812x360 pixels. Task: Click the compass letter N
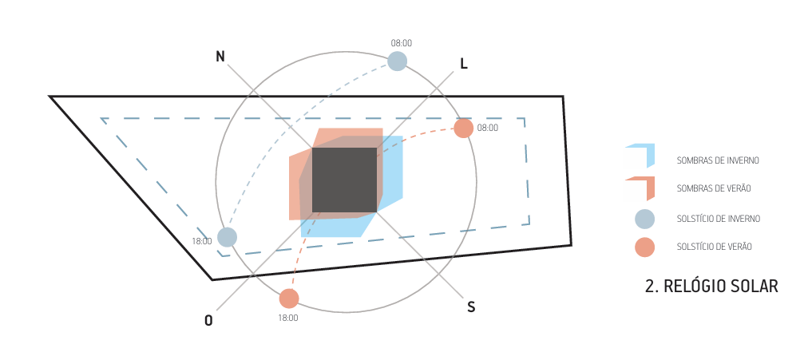tap(220, 56)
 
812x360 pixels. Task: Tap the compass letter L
tap(463, 64)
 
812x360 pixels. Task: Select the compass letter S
tap(471, 307)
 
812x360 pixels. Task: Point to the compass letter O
tap(208, 321)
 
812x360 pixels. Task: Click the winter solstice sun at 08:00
tap(397, 61)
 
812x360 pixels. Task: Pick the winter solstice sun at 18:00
tap(228, 237)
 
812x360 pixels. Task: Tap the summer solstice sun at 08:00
tap(463, 128)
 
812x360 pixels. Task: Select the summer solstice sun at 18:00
tap(289, 299)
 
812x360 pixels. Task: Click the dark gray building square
tap(344, 180)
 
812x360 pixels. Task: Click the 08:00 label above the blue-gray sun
tap(402, 43)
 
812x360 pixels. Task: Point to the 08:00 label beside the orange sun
tap(487, 128)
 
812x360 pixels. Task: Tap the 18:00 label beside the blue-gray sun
tap(201, 241)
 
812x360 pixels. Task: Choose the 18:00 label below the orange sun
tap(288, 318)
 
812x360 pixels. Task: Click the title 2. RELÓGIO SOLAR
tap(711, 285)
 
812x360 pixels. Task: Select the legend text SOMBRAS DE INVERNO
tap(717, 160)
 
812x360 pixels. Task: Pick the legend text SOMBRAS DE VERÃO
tap(713, 189)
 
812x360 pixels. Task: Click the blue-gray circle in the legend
tap(644, 218)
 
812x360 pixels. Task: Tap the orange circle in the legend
tap(644, 247)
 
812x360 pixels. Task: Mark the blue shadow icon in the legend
tap(645, 155)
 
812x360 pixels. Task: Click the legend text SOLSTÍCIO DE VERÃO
tap(714, 247)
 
